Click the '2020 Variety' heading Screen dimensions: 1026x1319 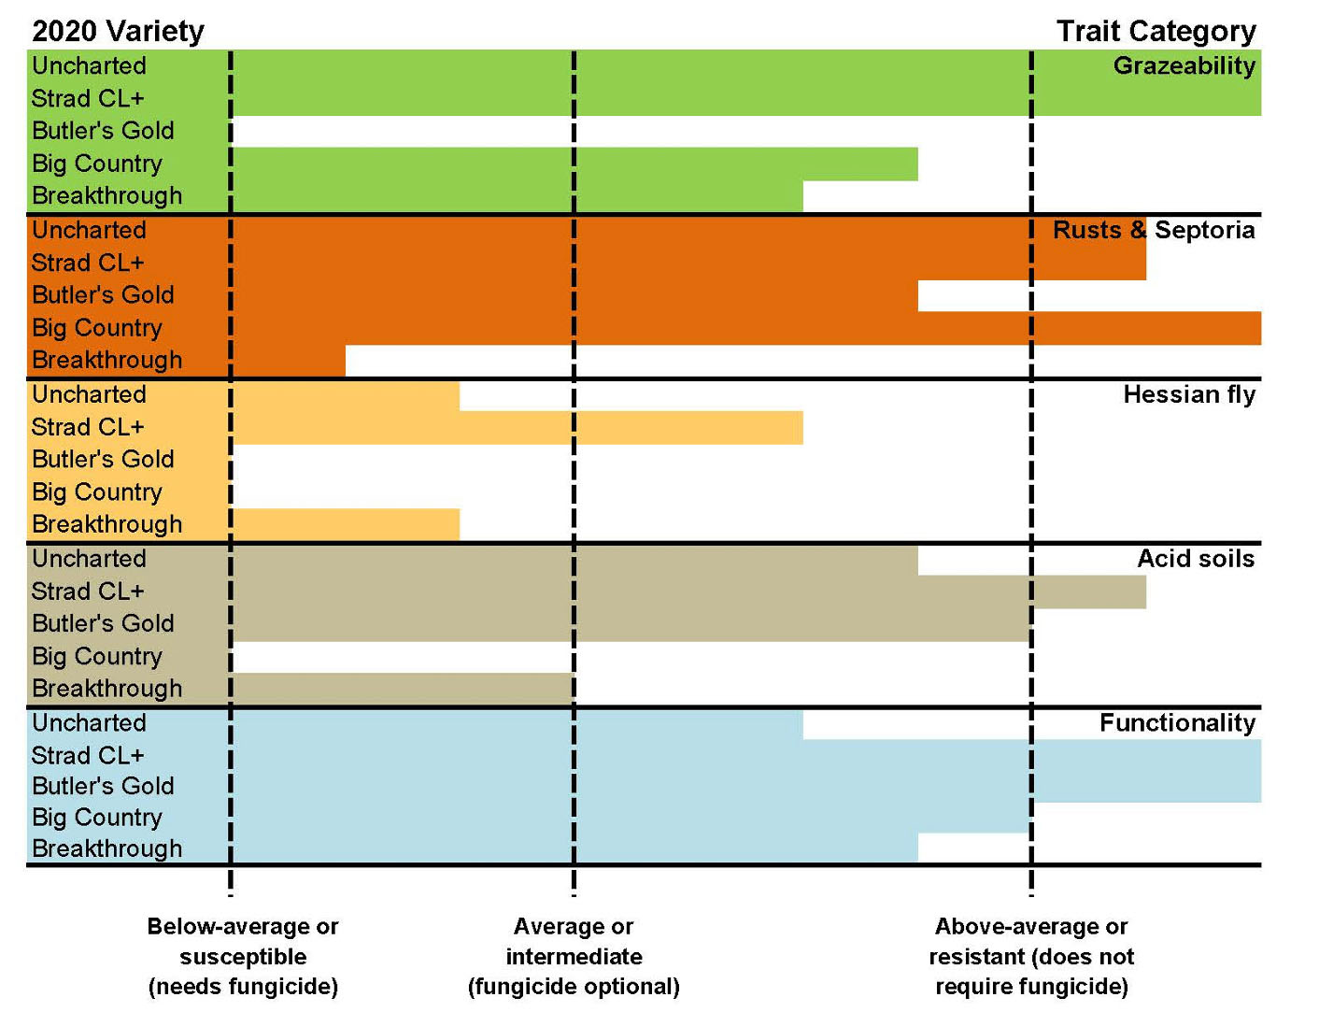click(118, 31)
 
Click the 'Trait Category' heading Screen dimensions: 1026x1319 click(1156, 31)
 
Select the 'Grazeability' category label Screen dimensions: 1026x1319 click(1184, 65)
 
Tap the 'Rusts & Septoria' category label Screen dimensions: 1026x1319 click(1153, 230)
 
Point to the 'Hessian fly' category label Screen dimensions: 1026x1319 click(1188, 394)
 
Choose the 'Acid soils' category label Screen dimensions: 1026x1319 click(1195, 559)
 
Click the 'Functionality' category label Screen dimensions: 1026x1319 click(1176, 722)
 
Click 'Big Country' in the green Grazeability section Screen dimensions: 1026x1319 click(97, 164)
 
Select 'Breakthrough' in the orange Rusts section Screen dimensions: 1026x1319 click(106, 360)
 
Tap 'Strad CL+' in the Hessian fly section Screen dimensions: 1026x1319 click(88, 427)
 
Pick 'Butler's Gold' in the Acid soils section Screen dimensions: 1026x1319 click(103, 623)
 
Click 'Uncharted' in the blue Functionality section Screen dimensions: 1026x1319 click(89, 722)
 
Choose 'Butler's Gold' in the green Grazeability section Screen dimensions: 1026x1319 click(103, 131)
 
